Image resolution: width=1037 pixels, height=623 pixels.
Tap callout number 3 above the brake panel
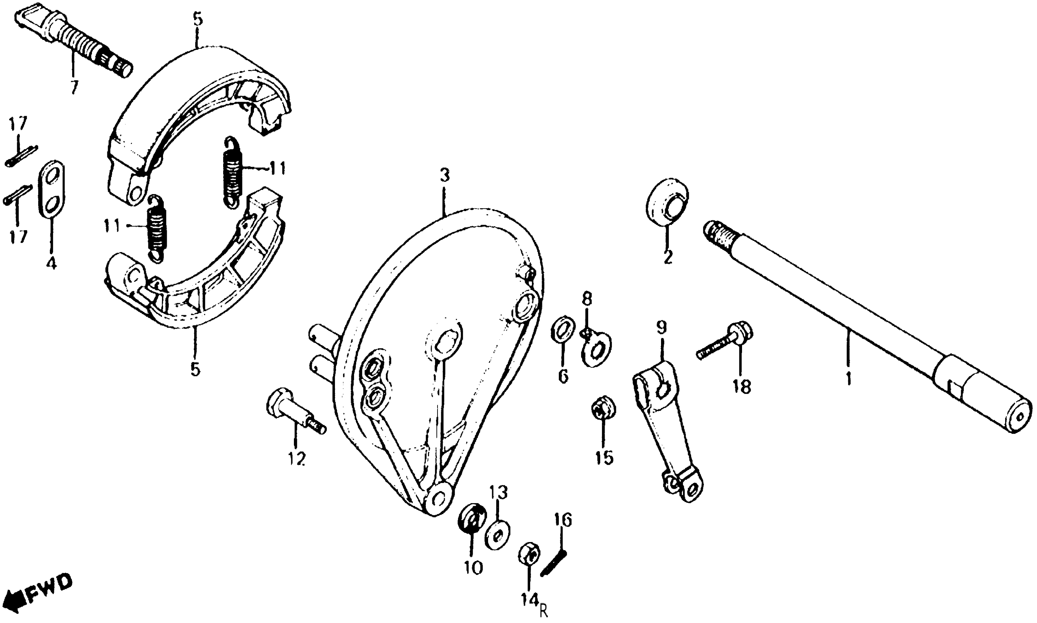pos(444,175)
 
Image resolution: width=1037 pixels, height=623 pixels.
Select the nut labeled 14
pos(529,556)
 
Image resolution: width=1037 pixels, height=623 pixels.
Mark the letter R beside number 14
pos(544,611)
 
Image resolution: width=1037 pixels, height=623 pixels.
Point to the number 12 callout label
pos(296,459)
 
